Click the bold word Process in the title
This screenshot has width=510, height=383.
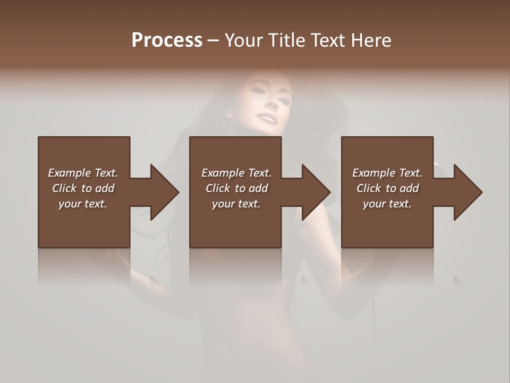coord(167,40)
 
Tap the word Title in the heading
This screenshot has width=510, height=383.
coord(285,40)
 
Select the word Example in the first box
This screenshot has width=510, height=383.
coord(70,173)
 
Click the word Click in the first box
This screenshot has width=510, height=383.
coord(64,188)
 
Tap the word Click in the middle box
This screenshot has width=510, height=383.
coord(218,188)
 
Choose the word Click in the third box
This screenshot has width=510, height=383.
coord(369,188)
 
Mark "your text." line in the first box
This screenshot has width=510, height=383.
coord(83,204)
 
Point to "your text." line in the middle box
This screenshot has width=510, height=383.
coord(236,204)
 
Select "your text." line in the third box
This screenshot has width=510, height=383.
coord(387,204)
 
